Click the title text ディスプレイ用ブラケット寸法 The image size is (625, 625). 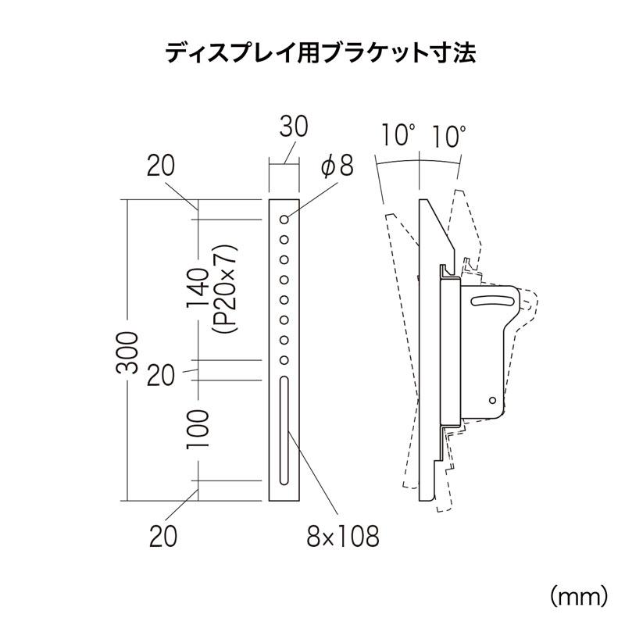[x=312, y=54]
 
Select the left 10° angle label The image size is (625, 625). [x=397, y=136]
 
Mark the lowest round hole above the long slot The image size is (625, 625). [x=285, y=359]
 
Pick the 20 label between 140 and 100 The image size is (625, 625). [x=159, y=375]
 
